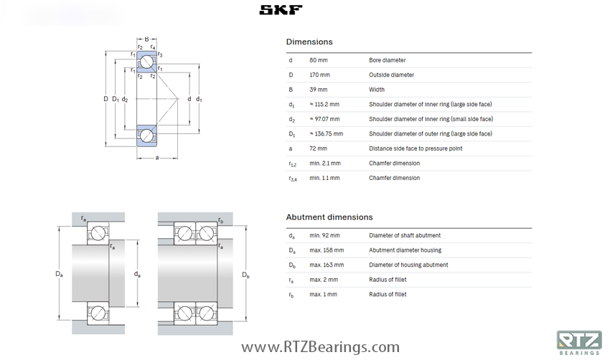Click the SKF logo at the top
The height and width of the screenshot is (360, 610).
coord(281,9)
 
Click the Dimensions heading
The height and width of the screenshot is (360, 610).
coord(309,42)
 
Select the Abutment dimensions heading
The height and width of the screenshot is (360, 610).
coord(329,217)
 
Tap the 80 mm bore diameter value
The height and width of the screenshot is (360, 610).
coord(318,60)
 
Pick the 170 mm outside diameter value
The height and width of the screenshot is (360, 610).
coord(319,75)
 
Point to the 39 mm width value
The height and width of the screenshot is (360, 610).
coord(318,90)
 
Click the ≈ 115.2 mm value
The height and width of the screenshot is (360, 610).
coord(324,105)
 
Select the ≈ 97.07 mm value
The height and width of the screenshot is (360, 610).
coord(324,119)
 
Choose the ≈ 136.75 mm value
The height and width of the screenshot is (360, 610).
coord(326,134)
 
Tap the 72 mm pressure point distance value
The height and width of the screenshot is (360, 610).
coord(318,148)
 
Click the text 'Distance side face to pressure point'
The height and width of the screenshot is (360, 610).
coord(416,148)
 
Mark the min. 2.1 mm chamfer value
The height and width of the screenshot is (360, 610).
coord(325,164)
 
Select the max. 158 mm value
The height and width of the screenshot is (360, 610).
coord(327,250)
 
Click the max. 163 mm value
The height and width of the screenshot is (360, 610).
coord(327,265)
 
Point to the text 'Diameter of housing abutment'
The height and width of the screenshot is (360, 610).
coord(408,265)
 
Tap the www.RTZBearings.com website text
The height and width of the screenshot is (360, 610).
coord(320,348)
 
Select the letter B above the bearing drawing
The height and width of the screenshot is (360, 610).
coord(146,39)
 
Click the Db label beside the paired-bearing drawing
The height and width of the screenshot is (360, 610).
coord(245,275)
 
